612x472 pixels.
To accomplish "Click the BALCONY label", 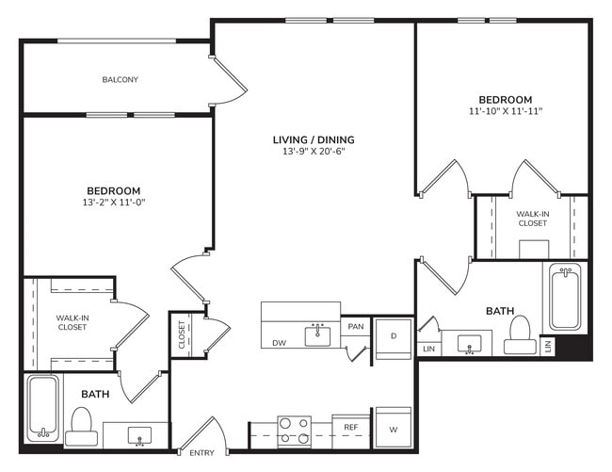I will click(x=120, y=80).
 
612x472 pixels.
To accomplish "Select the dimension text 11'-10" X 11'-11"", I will click(x=505, y=111).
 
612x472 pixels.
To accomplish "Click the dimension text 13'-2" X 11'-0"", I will click(x=114, y=202).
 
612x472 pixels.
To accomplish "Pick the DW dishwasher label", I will click(x=279, y=343).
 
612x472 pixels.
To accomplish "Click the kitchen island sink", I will click(x=317, y=334).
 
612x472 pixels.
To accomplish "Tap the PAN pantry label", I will click(x=355, y=327).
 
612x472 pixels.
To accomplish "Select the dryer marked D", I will click(x=393, y=338).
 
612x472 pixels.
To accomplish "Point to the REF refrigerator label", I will click(x=350, y=427).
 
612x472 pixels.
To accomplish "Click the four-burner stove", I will click(x=294, y=431).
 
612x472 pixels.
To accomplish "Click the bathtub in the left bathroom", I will click(x=40, y=408).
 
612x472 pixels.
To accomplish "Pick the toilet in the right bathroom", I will click(x=520, y=334).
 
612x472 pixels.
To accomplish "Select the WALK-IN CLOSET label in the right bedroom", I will click(x=532, y=219).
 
